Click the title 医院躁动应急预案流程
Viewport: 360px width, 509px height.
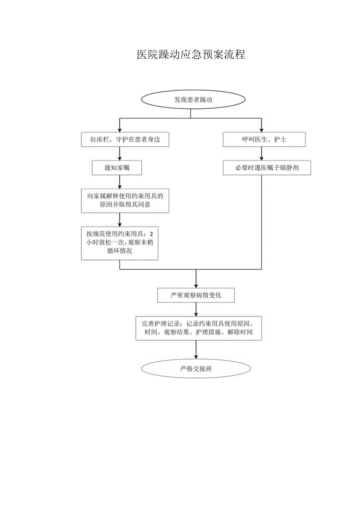coord(191,55)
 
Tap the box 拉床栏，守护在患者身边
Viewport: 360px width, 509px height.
coord(125,140)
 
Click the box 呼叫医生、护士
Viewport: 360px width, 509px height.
coord(264,140)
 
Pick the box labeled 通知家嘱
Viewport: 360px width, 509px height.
coord(117,168)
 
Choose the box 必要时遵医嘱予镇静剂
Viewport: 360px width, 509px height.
coord(267,168)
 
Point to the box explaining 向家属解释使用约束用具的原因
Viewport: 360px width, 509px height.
coord(125,201)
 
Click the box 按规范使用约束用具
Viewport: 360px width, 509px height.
coord(120,243)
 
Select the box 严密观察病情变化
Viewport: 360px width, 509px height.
coord(196,295)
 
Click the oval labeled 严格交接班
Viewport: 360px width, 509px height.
coord(196,369)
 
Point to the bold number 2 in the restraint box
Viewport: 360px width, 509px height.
coord(152,234)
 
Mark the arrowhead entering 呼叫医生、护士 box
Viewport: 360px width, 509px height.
coord(262,130)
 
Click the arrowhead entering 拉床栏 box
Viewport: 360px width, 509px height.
coord(119,130)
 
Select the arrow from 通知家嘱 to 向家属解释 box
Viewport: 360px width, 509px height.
coord(119,182)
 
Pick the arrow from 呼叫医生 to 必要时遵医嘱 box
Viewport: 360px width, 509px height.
coord(262,154)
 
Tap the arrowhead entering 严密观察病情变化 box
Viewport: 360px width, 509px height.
coord(196,286)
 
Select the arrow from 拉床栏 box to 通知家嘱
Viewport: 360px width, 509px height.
coord(119,154)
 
